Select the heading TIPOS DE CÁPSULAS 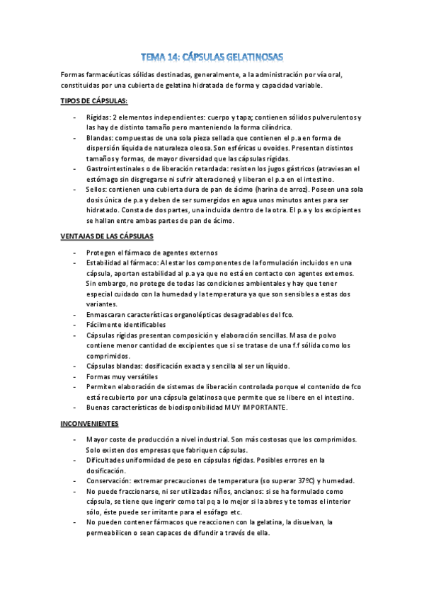[89, 101]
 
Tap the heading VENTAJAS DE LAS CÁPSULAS [107, 236]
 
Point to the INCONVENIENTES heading [89, 424]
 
